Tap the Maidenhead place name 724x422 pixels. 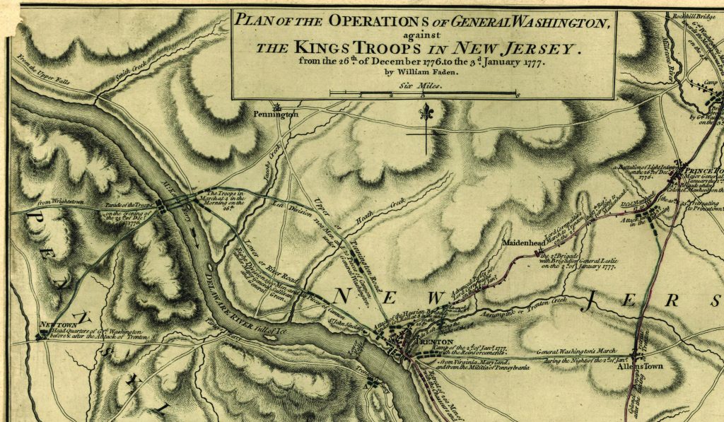[522, 242]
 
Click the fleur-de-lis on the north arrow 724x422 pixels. [425, 112]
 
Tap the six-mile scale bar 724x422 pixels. [424, 93]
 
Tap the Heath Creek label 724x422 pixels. [378, 215]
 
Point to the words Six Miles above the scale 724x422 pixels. [422, 85]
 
